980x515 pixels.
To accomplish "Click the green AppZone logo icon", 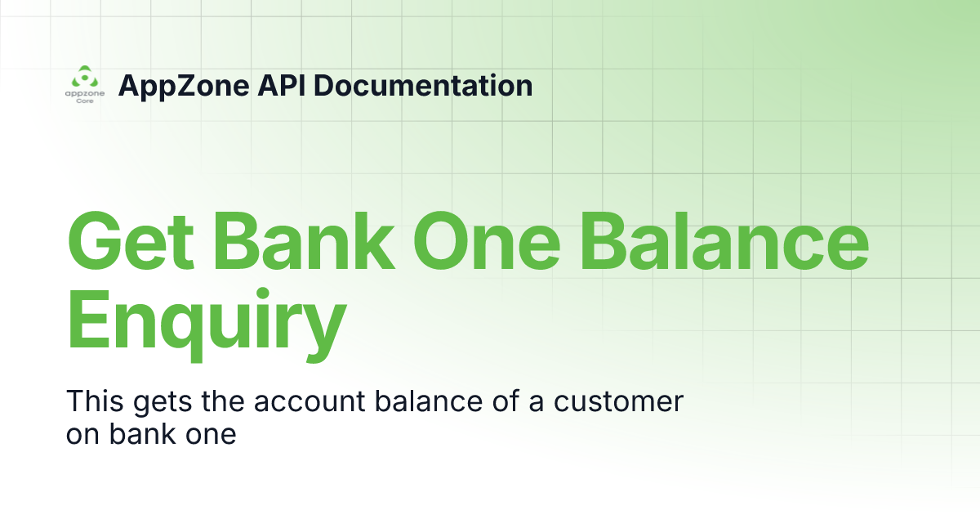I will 83,79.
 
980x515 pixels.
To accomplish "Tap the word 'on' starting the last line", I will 82,434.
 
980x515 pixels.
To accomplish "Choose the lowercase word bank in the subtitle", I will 145,433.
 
